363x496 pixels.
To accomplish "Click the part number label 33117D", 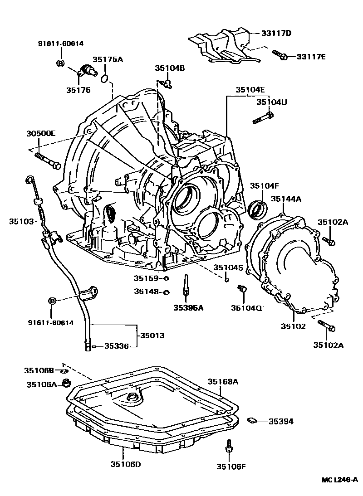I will click(x=276, y=33).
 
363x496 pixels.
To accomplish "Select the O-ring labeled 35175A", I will click(x=104, y=79).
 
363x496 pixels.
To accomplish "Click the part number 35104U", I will click(x=272, y=102).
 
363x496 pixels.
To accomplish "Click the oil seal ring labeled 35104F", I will click(x=259, y=208).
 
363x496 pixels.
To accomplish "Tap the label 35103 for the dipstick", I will click(x=21, y=221).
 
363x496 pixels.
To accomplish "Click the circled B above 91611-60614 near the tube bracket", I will click(x=52, y=301).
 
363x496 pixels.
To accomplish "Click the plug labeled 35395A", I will click(x=186, y=287).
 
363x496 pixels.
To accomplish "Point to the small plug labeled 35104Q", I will click(x=242, y=288).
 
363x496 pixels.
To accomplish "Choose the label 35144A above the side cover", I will click(x=287, y=199).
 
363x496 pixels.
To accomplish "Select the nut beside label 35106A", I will click(x=66, y=384).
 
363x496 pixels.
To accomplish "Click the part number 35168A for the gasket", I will click(x=223, y=382).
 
